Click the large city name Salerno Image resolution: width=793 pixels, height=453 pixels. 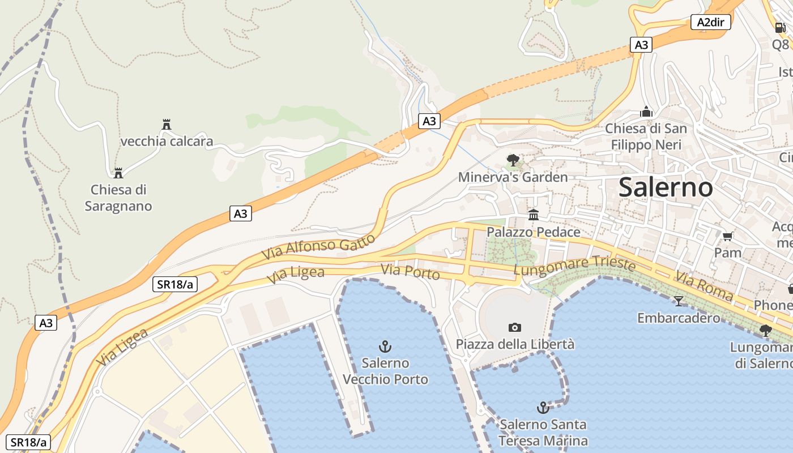(x=666, y=187)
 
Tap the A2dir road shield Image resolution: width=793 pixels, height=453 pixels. (x=711, y=22)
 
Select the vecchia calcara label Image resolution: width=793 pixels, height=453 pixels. (x=167, y=141)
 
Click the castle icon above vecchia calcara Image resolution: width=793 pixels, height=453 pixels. (x=167, y=125)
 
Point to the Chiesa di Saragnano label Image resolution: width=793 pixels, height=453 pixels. (x=118, y=198)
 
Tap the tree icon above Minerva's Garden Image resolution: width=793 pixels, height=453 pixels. (x=513, y=160)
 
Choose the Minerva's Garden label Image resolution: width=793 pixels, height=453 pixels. (x=513, y=177)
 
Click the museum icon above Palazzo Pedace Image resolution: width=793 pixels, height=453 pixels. (x=534, y=215)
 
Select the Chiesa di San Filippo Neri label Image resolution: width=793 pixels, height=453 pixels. (x=646, y=136)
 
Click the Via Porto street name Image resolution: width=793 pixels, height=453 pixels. (x=410, y=272)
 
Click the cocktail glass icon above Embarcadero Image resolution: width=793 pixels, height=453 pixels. (x=679, y=301)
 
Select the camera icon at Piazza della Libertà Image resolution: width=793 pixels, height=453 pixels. (x=515, y=327)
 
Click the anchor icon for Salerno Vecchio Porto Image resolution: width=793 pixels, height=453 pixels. (x=385, y=346)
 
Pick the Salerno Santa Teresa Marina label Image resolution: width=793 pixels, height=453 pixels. (x=543, y=433)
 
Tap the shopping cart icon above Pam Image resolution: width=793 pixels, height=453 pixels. (x=728, y=236)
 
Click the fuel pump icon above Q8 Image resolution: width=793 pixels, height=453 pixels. (x=780, y=27)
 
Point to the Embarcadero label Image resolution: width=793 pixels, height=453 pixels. (x=679, y=318)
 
